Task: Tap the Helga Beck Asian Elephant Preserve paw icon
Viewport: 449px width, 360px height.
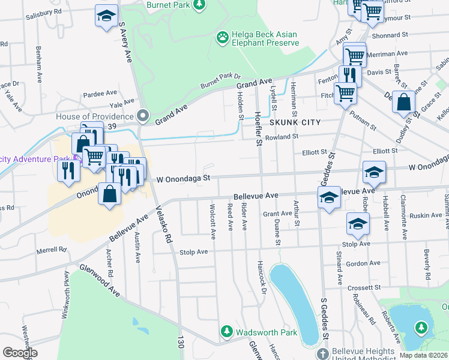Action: [x=223, y=38]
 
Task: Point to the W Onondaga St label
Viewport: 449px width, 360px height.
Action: [x=183, y=178]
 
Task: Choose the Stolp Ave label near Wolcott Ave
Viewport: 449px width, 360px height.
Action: [x=193, y=252]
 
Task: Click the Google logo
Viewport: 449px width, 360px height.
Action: [x=20, y=353]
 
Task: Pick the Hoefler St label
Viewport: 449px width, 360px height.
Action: [x=259, y=130]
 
